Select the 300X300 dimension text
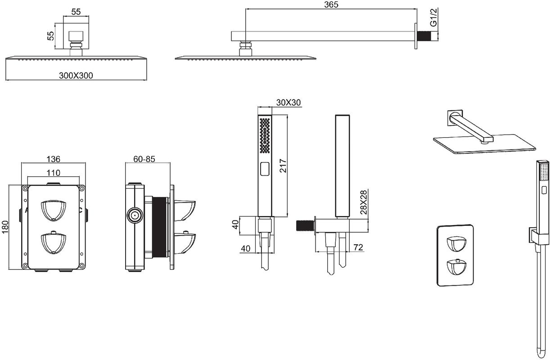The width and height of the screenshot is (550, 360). coord(76,75)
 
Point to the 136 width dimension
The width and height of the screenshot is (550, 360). coord(54,159)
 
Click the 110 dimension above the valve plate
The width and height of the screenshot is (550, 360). coord(54,172)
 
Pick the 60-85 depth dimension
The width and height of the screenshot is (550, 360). coord(144,159)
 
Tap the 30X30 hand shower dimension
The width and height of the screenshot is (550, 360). coord(289,103)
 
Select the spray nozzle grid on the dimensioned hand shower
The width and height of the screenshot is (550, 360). coord(265,135)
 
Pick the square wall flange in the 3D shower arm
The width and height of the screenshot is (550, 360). coord(454,117)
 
